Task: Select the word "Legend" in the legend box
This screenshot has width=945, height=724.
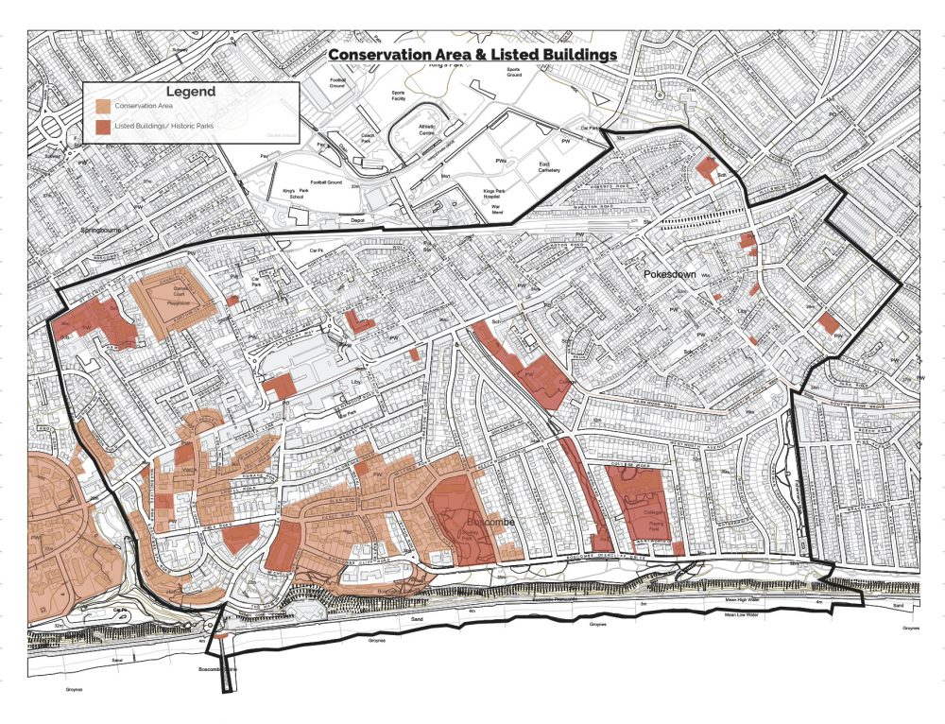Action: coord(191,92)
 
